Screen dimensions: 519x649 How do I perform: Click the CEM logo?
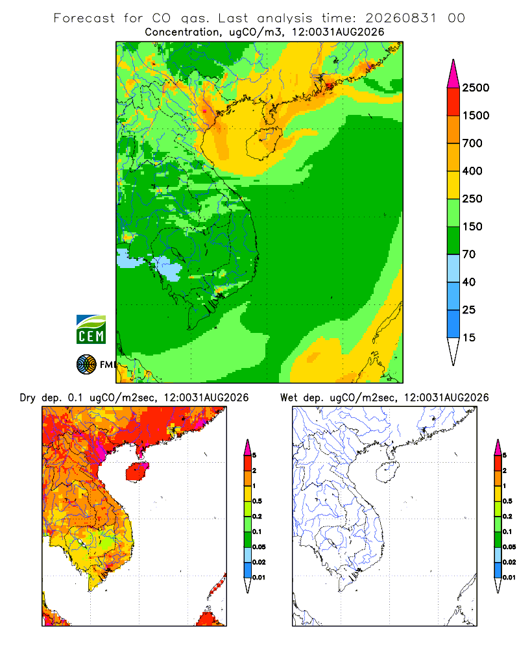(x=91, y=330)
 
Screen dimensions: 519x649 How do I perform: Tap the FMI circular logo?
(x=86, y=365)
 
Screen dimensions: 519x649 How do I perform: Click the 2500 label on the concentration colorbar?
(x=476, y=88)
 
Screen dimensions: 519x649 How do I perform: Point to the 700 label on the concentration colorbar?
(x=472, y=143)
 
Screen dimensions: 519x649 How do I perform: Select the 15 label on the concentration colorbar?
(x=469, y=337)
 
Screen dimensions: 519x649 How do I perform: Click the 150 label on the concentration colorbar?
(x=472, y=227)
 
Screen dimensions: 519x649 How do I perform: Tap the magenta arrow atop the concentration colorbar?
(x=453, y=73)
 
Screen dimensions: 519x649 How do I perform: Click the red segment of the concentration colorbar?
(x=453, y=101)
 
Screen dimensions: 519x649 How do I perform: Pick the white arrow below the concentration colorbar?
(x=453, y=351)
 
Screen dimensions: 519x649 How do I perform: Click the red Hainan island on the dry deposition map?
(x=137, y=471)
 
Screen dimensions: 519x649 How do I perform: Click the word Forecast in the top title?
(x=84, y=18)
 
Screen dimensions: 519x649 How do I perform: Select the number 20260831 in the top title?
(x=401, y=18)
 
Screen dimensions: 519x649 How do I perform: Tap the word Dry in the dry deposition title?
(x=28, y=398)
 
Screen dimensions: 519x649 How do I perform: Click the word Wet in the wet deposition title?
(x=289, y=398)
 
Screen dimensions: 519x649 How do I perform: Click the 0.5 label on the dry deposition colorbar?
(x=257, y=501)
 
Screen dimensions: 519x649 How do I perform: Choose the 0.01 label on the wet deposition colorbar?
(x=509, y=578)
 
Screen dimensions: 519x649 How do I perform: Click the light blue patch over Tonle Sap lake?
(x=167, y=268)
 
